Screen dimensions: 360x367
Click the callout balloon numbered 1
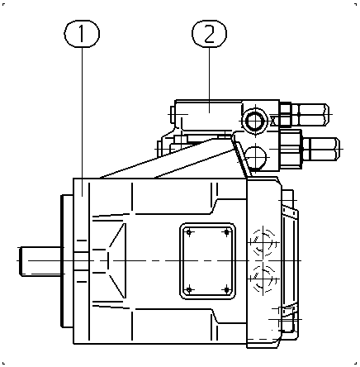coord(82,34)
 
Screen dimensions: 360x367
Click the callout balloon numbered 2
coord(209,34)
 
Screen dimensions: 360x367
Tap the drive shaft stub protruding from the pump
coord(41,261)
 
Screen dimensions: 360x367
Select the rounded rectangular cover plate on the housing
coord(207,261)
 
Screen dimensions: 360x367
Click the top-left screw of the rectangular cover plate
coord(189,233)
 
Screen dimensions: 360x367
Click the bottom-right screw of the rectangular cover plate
coord(226,290)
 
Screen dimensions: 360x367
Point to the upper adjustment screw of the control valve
coord(313,114)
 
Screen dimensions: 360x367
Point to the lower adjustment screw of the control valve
coord(321,149)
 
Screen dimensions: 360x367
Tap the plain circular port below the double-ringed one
coord(256,157)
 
